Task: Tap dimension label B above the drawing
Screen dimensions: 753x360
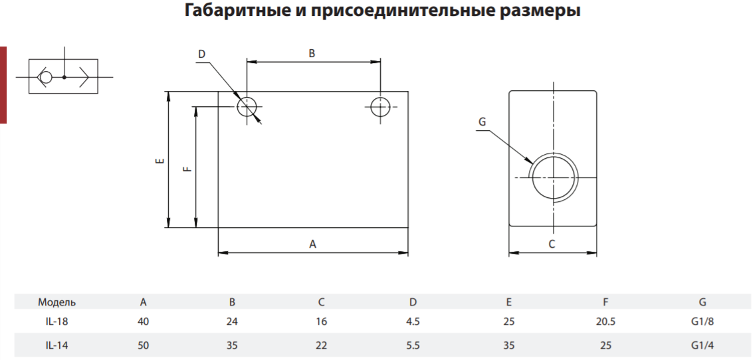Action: point(312,54)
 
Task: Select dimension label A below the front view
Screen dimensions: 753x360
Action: point(312,244)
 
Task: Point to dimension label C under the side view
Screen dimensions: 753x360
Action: point(552,244)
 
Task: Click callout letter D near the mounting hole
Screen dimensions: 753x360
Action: point(201,54)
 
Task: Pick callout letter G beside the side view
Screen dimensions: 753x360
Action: point(482,122)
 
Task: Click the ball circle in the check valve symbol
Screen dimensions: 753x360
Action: point(46,77)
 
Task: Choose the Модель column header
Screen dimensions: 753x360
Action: point(57,302)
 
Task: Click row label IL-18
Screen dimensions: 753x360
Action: point(56,321)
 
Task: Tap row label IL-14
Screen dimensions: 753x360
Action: point(56,345)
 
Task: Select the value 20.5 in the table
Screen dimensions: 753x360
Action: point(605,321)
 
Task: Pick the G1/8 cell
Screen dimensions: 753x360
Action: point(702,321)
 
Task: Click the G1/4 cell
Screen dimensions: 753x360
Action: point(702,345)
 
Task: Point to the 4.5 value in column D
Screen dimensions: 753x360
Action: point(413,321)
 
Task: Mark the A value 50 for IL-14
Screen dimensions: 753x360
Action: point(143,345)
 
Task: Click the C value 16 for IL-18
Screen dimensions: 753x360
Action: point(322,321)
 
